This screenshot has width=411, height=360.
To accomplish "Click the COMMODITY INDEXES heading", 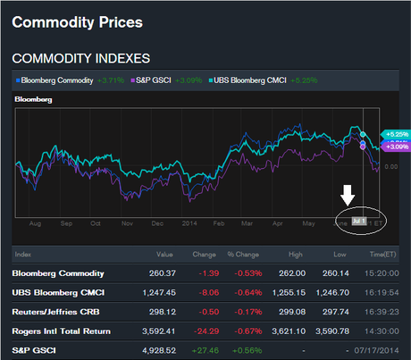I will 79,58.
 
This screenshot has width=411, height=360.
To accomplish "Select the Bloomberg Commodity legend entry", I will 58,80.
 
